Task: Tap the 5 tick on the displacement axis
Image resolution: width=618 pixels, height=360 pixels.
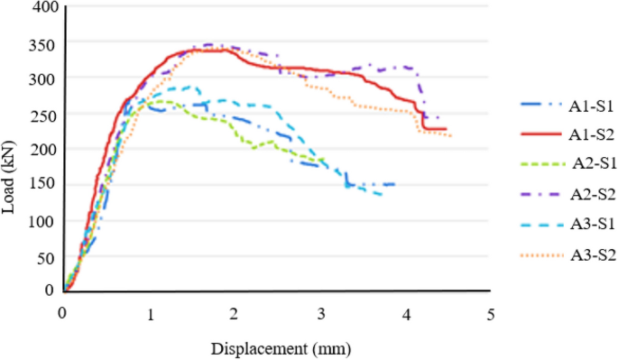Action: (491, 312)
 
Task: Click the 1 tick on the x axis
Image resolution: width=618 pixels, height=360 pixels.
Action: (150, 312)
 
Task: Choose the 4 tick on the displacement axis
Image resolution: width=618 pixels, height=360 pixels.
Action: (406, 312)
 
